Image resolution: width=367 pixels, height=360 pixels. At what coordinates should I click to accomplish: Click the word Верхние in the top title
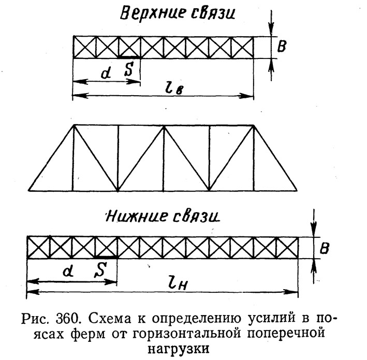pos(152,14)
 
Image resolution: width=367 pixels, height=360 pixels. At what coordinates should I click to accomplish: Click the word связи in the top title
pos(213,13)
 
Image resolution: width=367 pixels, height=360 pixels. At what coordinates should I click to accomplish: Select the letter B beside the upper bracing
pos(282,46)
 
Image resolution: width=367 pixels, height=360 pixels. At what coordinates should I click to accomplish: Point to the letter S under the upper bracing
pos(128,69)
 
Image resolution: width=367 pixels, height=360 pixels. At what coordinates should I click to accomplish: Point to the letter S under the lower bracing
pos(100,269)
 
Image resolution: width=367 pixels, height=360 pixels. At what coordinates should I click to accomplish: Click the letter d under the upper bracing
pos(106,73)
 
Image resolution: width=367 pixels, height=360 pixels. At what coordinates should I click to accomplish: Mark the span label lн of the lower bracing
pos(179,284)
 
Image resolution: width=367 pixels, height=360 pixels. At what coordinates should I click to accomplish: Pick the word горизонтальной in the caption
pos(187,334)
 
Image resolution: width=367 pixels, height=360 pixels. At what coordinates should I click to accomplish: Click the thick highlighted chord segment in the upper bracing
pos(129,57)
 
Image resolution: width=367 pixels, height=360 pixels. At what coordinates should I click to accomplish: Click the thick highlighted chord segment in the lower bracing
pos(106,257)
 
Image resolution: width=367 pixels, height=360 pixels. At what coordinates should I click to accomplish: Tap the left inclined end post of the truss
pos(51,158)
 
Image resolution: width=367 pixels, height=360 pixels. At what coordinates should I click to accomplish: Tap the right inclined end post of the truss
pos(275,158)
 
